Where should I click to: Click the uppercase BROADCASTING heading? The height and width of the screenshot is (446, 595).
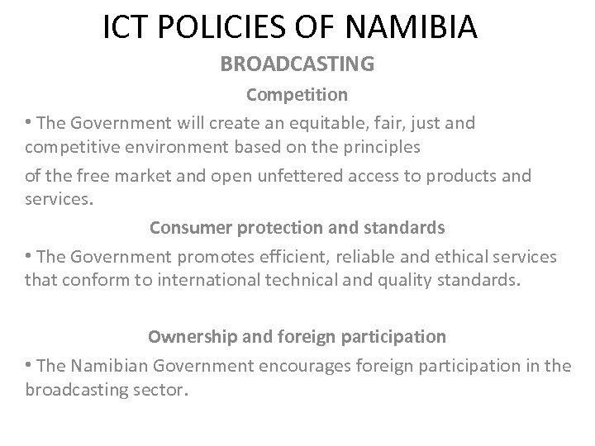click(x=297, y=64)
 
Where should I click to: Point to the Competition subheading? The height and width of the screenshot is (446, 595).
click(x=297, y=95)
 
